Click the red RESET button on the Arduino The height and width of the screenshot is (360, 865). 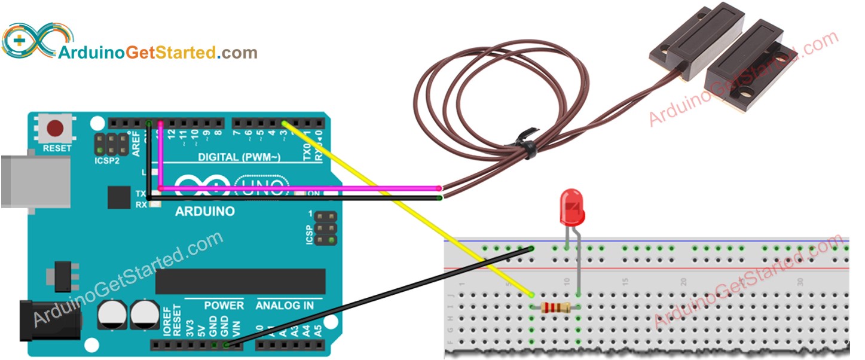coord(56,129)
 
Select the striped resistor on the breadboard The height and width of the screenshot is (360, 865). coord(555,308)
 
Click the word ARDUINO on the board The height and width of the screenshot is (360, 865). coord(204,212)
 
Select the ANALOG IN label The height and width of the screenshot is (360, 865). coord(285,306)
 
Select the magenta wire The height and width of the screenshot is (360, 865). coord(299,188)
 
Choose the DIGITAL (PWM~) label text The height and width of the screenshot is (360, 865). coord(239,157)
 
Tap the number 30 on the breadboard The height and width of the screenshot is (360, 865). coord(800,280)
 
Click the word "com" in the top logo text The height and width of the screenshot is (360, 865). coord(242,53)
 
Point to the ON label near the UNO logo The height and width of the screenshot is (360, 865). coord(313,194)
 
